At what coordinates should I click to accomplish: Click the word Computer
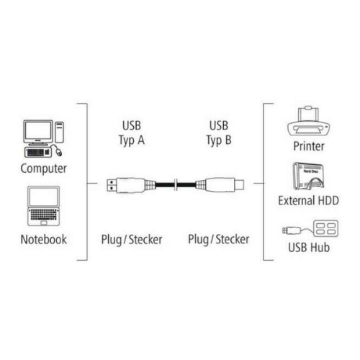tap(43, 168)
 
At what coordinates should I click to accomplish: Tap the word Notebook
tap(44, 239)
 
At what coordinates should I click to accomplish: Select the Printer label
tap(309, 146)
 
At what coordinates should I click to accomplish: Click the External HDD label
tap(308, 201)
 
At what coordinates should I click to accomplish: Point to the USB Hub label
tap(309, 248)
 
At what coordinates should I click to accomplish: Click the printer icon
tap(309, 123)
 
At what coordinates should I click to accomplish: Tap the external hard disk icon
tap(308, 176)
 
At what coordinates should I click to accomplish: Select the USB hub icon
tap(310, 228)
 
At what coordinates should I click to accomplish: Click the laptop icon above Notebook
tap(43, 206)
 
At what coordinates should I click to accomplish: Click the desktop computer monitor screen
tap(38, 130)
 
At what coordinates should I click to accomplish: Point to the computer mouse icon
tap(59, 152)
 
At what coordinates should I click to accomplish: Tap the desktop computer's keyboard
tap(38, 153)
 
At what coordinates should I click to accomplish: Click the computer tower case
tap(59, 132)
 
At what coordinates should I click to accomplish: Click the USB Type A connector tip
tap(112, 185)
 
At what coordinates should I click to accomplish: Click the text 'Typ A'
tap(132, 140)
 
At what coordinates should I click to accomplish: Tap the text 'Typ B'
tap(219, 140)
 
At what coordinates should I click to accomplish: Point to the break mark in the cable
tap(176, 185)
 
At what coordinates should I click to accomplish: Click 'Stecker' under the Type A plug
tap(145, 240)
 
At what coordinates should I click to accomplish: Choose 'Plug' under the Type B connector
tap(198, 240)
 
